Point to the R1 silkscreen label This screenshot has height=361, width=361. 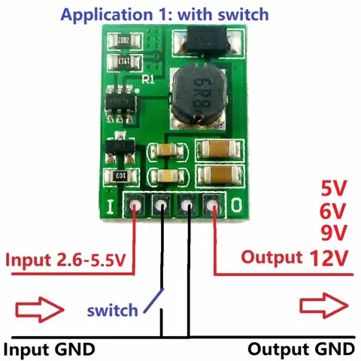(149, 77)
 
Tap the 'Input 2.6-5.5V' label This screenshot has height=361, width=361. (65, 261)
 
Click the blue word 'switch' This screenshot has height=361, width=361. (112, 309)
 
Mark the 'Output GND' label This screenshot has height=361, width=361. (300, 349)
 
